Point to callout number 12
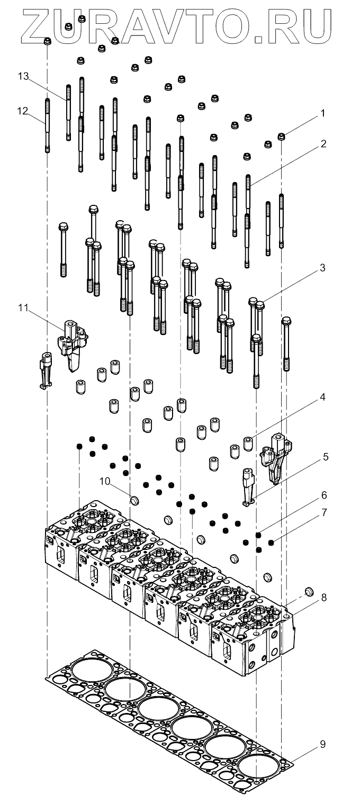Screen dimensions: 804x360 coord(22,111)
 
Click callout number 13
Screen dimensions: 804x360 coord(22,76)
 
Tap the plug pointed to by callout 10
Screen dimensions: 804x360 coord(134,500)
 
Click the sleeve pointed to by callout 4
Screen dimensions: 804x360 coord(248,442)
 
